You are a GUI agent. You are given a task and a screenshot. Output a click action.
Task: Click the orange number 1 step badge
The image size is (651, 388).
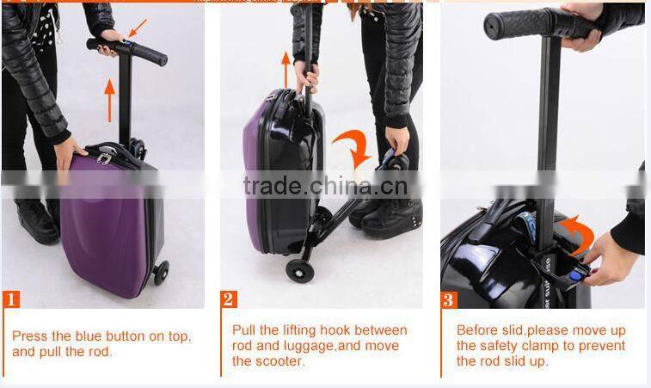[11, 300]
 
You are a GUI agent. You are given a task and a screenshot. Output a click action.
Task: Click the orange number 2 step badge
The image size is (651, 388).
[229, 300]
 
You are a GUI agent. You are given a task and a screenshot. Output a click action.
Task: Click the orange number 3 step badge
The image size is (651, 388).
[449, 300]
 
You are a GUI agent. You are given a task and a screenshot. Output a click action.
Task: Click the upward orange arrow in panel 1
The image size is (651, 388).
[109, 99]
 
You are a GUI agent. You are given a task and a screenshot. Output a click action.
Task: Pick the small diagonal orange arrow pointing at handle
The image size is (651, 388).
[137, 28]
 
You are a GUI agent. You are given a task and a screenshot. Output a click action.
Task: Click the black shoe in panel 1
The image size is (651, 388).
[39, 221]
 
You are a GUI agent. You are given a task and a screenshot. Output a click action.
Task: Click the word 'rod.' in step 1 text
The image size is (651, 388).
[99, 352]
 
